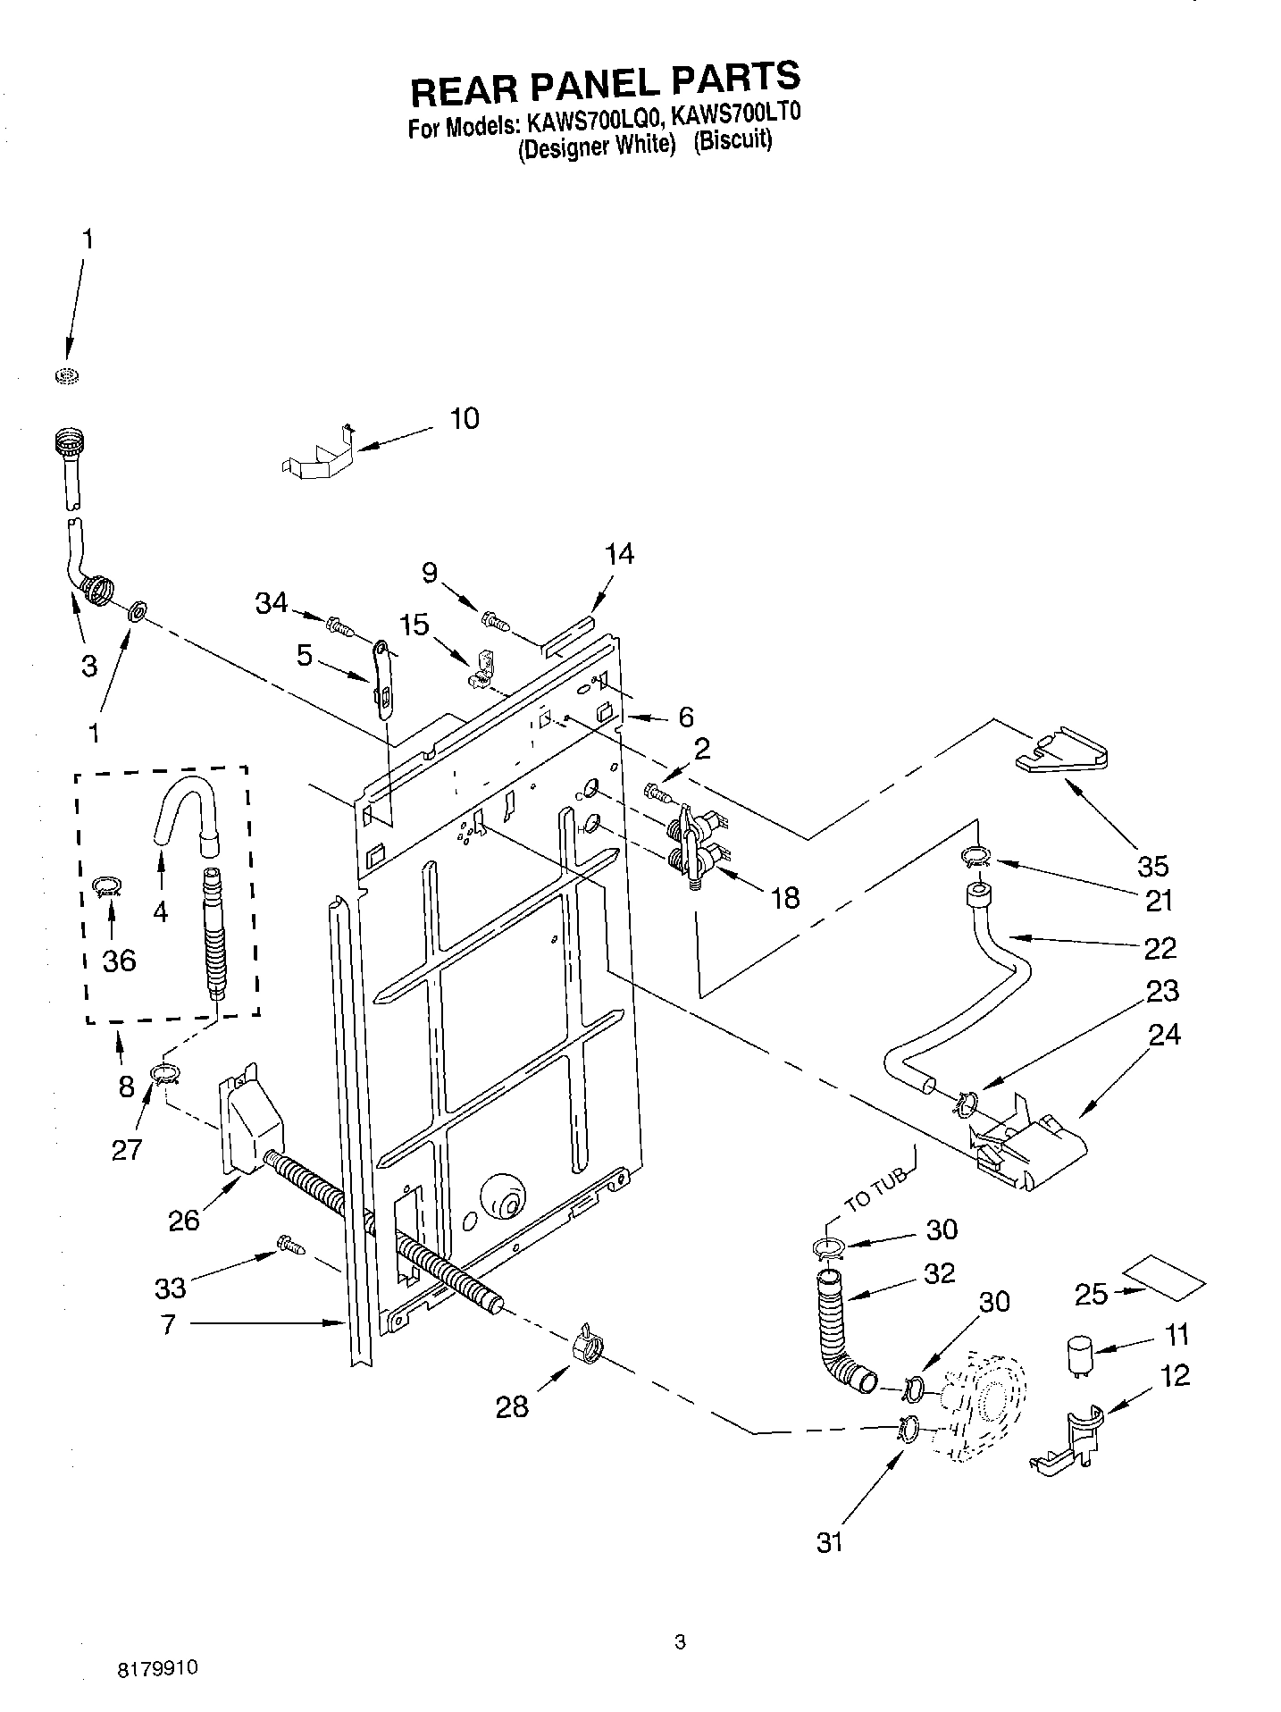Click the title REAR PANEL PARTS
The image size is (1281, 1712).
(x=604, y=85)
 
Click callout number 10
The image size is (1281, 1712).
(x=464, y=418)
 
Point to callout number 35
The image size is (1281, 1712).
(x=1152, y=865)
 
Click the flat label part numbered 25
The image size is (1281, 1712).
(x=1162, y=1281)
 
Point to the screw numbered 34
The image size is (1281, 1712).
(x=339, y=625)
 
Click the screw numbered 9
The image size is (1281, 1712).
(x=494, y=620)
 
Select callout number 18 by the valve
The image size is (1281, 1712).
(x=785, y=898)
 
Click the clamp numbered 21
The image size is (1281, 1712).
(x=977, y=859)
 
